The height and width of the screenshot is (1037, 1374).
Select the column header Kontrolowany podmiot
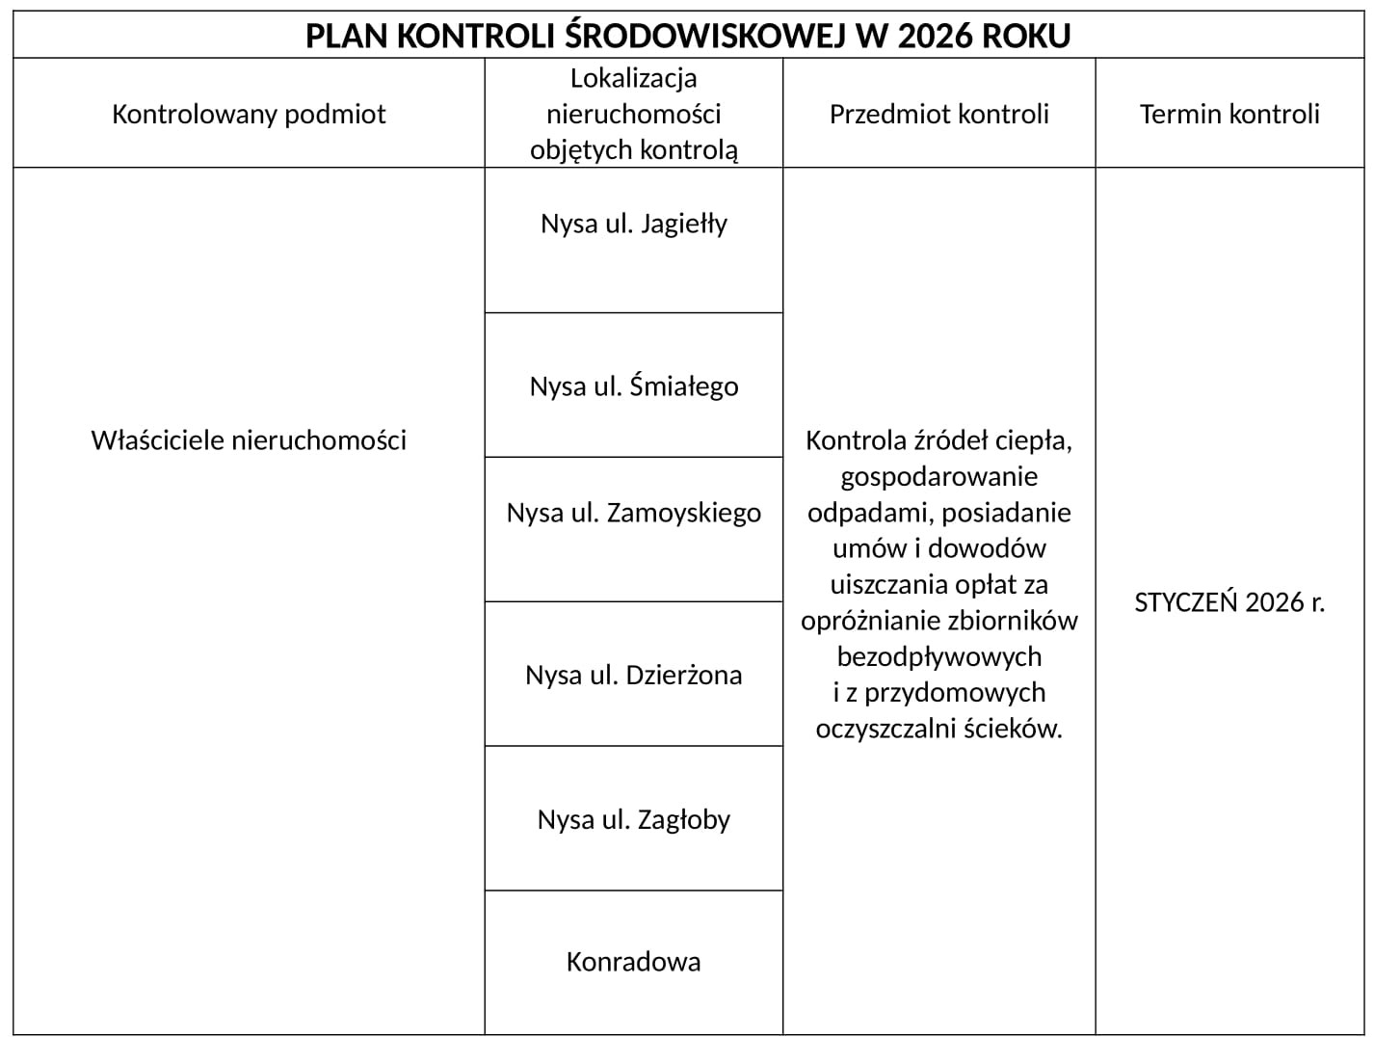coord(249,114)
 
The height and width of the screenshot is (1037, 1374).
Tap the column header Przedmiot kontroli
coord(938,114)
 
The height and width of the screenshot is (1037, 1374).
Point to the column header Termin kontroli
coord(1229,114)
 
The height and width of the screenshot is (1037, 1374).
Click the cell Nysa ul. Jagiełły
coord(634,224)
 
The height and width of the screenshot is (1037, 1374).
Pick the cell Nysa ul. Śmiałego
coord(634,386)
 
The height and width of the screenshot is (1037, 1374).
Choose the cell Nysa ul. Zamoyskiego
coord(634,512)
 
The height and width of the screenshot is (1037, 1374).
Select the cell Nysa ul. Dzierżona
coord(634,675)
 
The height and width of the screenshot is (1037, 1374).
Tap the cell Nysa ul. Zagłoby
coord(634,819)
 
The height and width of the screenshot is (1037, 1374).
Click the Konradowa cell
coord(634,962)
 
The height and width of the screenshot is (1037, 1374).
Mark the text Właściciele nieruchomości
coord(249,440)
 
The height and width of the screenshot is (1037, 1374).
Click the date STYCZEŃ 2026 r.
coord(1229,602)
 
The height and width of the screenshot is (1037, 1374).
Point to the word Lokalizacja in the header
coord(634,78)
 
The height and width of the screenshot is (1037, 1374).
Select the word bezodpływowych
coord(939,657)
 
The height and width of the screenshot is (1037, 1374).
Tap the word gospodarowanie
coord(939,477)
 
